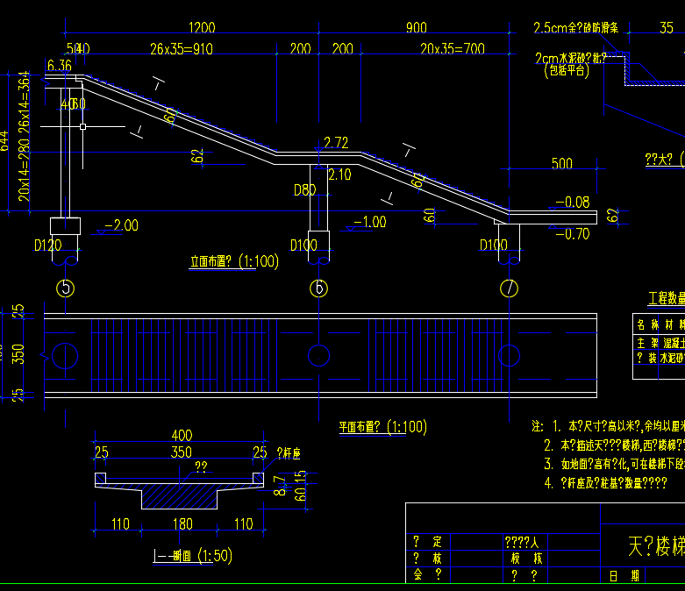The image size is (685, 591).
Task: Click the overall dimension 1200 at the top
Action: point(201,28)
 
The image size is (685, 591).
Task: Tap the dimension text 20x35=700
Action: point(452,49)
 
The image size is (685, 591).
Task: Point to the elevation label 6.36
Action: point(60,66)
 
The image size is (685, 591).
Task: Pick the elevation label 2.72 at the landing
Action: point(336,142)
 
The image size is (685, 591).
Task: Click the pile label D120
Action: point(48,246)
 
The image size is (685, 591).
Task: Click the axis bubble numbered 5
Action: point(64,288)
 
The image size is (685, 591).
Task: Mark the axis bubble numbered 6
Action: point(319,288)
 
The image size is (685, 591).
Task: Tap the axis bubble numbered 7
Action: point(508,288)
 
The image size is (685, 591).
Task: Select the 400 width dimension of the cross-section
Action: point(182,436)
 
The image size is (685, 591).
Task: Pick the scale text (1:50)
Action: point(215,555)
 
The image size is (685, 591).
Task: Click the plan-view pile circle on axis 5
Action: point(63,355)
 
